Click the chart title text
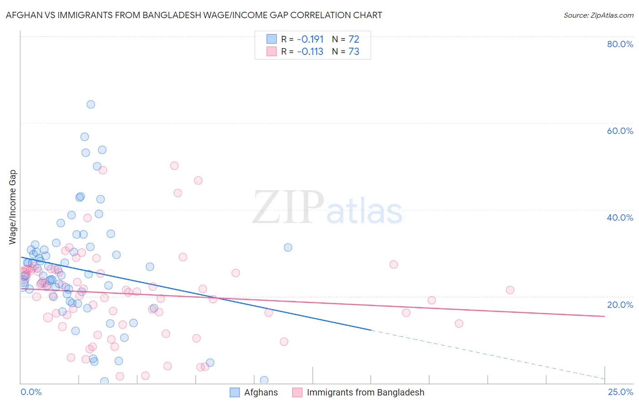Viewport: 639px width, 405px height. click(194, 15)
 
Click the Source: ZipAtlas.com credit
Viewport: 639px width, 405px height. click(598, 15)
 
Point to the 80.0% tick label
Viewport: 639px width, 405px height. click(620, 44)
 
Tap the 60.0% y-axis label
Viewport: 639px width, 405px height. click(620, 131)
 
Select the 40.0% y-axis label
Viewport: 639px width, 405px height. click(620, 217)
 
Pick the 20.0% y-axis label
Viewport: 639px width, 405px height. click(620, 305)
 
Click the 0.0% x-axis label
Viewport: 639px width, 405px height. click(31, 392)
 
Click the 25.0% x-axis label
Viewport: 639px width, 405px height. click(620, 392)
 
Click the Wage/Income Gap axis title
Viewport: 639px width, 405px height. click(13, 207)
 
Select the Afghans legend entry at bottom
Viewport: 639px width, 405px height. click(261, 392)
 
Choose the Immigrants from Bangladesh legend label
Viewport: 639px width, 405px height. click(365, 392)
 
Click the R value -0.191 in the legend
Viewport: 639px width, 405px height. click(310, 40)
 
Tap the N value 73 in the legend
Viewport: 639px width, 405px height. click(354, 52)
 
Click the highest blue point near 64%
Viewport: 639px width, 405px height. click(91, 104)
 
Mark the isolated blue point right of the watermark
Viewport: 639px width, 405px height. click(288, 247)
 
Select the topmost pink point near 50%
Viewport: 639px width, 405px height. click(174, 166)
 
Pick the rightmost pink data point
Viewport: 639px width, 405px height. click(510, 290)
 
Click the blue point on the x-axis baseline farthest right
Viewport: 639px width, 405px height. click(264, 380)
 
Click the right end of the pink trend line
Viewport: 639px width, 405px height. click(604, 316)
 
